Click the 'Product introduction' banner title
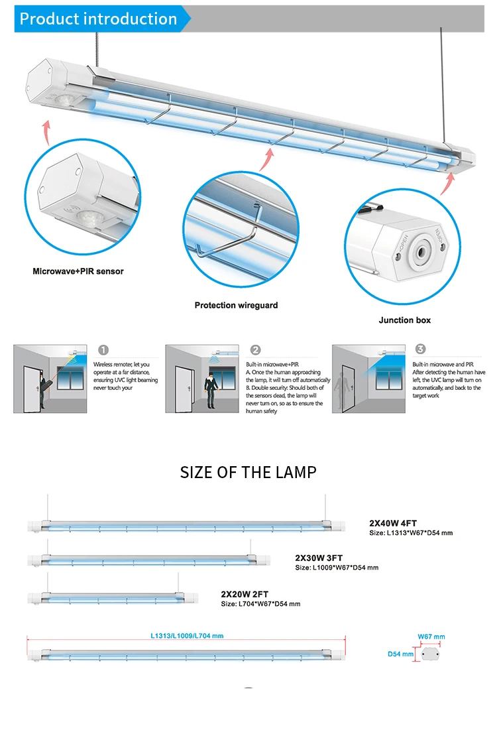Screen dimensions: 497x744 (x=98, y=19)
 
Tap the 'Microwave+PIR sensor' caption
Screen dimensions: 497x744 (x=78, y=271)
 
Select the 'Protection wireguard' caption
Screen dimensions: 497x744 (x=236, y=305)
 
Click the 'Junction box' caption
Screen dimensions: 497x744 (x=404, y=320)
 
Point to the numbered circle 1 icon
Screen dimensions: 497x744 (x=103, y=350)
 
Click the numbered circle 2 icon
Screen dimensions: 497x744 (x=256, y=350)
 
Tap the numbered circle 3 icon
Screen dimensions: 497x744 (x=421, y=349)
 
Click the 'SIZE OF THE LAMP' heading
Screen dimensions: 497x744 (x=248, y=472)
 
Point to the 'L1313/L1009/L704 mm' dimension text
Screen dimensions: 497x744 (x=187, y=635)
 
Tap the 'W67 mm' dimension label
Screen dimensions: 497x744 (x=431, y=637)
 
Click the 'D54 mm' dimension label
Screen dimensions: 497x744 (x=401, y=654)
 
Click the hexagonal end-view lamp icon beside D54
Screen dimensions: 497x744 (x=431, y=654)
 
